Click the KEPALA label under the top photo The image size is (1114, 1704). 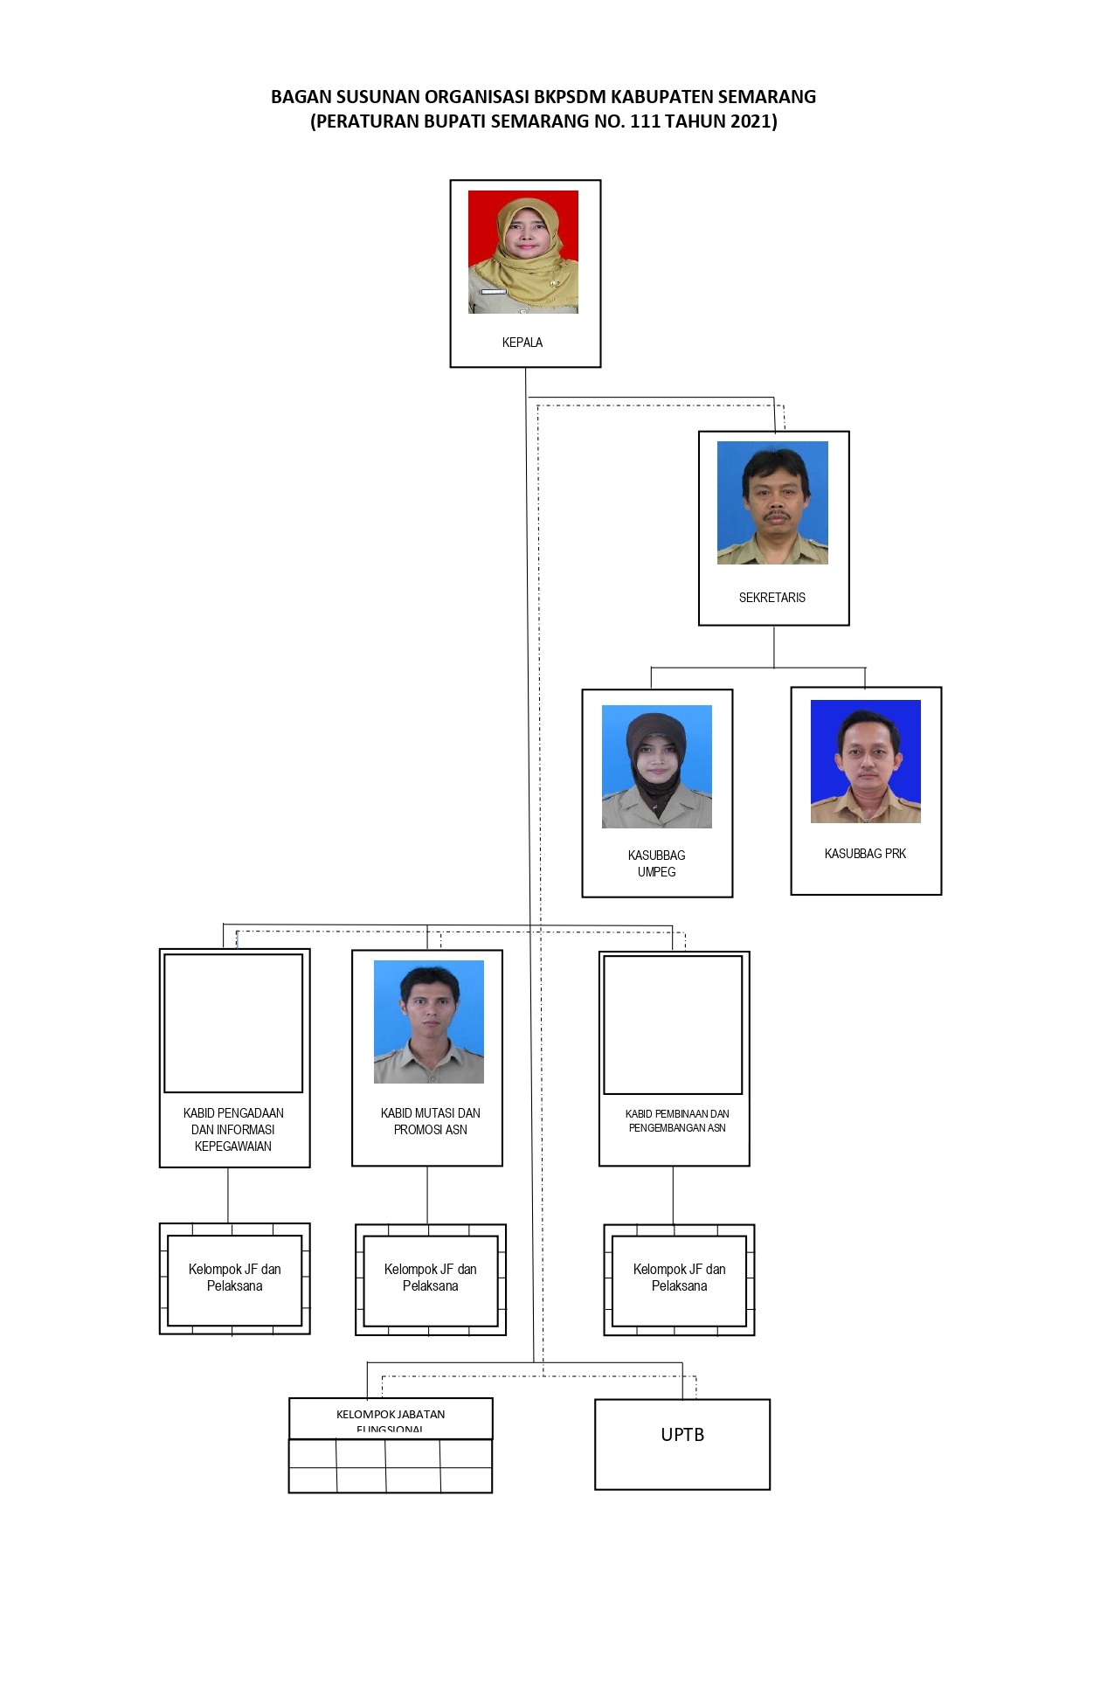click(x=522, y=343)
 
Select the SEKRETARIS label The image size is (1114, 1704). click(x=772, y=598)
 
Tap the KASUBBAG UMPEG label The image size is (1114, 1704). click(x=657, y=863)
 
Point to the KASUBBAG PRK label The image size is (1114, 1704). click(x=865, y=854)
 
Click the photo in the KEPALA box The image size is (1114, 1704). click(x=523, y=252)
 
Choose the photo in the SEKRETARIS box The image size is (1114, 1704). click(x=772, y=502)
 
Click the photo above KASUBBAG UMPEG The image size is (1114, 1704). click(x=657, y=766)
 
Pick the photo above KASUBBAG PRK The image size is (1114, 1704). click(x=866, y=761)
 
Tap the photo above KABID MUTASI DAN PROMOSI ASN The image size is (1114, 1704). click(x=429, y=1022)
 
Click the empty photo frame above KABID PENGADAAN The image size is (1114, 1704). click(x=233, y=1022)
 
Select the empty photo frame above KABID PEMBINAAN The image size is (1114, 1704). click(x=673, y=1024)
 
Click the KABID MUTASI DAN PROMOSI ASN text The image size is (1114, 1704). click(x=431, y=1121)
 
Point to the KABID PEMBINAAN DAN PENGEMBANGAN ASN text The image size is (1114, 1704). click(x=677, y=1121)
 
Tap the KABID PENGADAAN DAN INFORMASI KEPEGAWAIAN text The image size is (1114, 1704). click(x=233, y=1130)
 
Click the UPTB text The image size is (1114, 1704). click(x=682, y=1435)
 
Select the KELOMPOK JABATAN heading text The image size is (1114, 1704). click(x=391, y=1415)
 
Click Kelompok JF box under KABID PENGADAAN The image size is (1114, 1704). click(x=234, y=1278)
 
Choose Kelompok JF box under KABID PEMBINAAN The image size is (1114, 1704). click(x=679, y=1278)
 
